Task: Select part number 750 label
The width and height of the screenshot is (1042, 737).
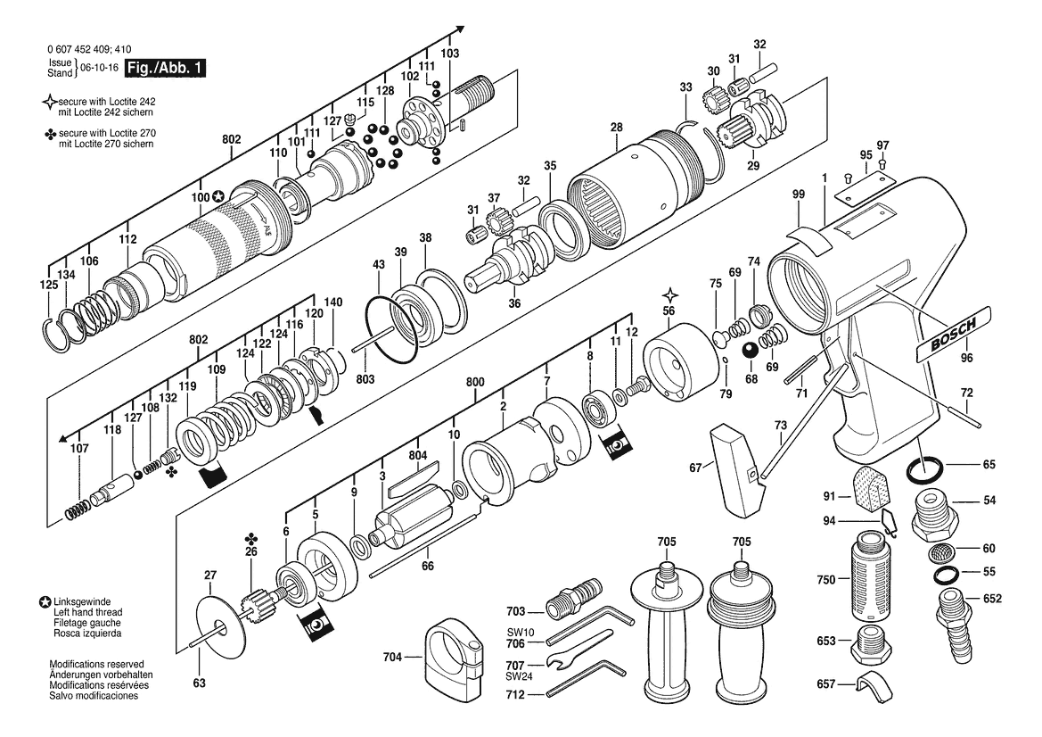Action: click(825, 580)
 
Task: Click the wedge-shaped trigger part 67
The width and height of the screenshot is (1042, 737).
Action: click(738, 468)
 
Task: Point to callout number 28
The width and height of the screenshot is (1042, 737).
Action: click(616, 128)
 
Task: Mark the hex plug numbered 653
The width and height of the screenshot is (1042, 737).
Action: click(869, 641)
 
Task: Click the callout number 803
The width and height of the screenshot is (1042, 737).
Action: click(365, 379)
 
